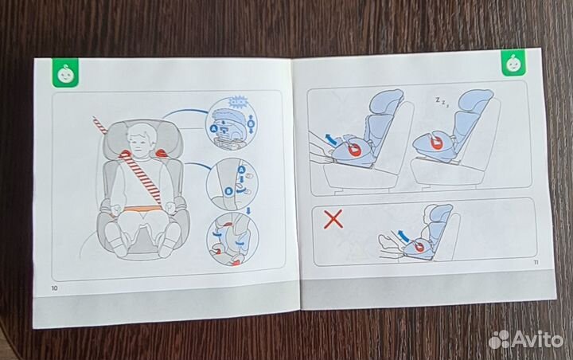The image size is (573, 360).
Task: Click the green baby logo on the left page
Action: tap(63, 73)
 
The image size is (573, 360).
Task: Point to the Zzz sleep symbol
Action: tap(440, 102)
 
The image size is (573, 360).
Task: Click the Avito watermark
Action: tap(524, 338)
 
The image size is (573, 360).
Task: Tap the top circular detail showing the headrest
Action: tap(234, 120)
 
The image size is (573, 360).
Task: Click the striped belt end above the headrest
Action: tap(101, 124)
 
